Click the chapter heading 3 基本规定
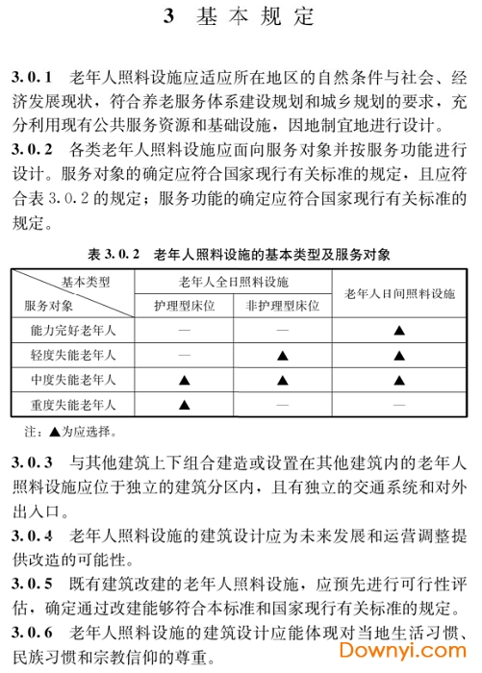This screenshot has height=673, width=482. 241,16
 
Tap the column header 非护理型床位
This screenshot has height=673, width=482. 283,307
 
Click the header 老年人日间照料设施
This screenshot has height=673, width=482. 399,293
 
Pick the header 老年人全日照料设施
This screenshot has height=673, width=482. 233,282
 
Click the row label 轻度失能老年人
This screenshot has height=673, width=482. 73,356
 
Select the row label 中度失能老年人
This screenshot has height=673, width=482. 73,381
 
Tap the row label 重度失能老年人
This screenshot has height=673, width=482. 73,406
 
